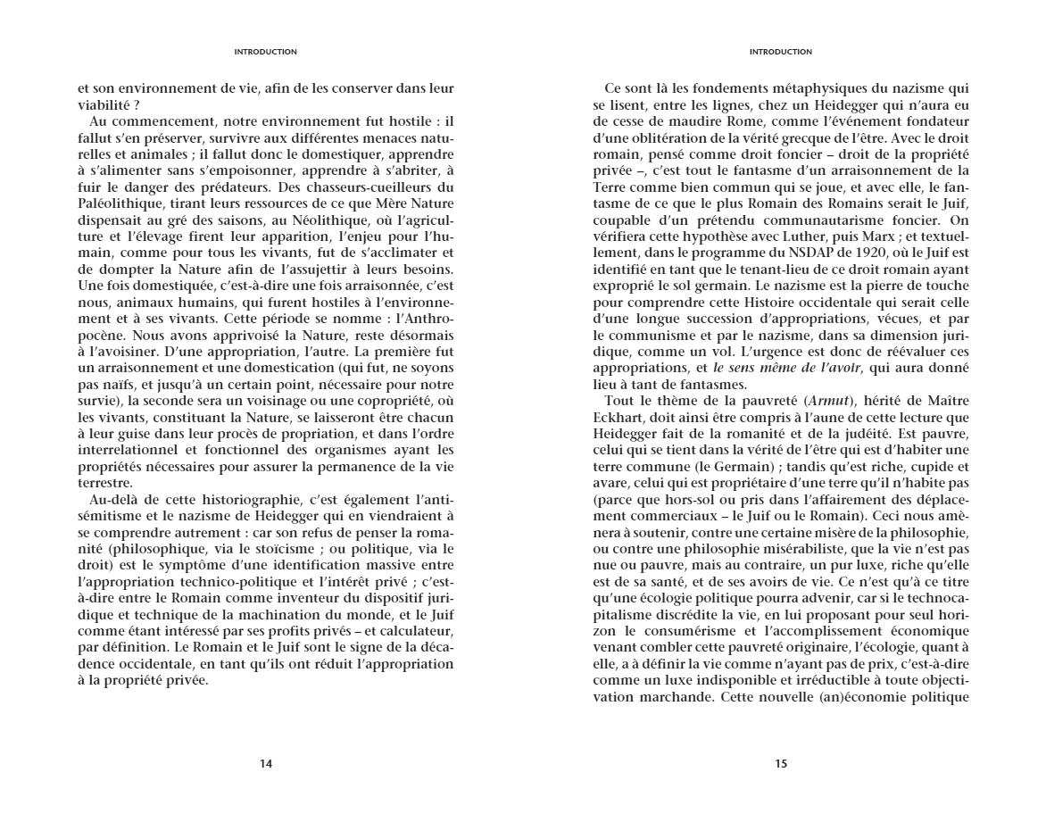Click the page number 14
coord(265,763)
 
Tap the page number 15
coord(781,763)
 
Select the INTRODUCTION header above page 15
coord(781,52)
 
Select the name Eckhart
coord(618,414)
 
